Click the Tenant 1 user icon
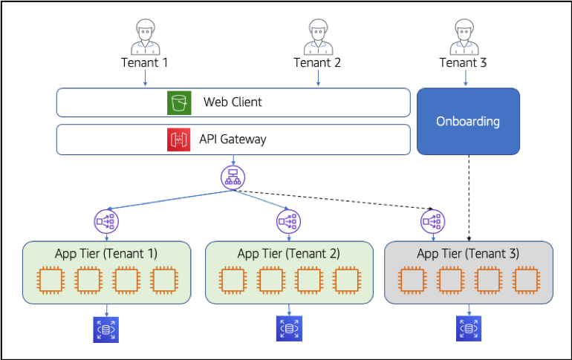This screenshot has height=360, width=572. click(146, 37)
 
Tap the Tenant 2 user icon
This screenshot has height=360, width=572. click(319, 37)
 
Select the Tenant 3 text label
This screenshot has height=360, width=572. click(463, 62)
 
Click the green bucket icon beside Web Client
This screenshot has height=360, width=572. click(179, 102)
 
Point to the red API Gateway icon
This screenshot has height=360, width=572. click(179, 140)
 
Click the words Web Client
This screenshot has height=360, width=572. click(233, 102)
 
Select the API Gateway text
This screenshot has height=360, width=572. click(233, 140)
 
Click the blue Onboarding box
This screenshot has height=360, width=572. click(469, 121)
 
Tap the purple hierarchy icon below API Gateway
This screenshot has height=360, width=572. click(233, 177)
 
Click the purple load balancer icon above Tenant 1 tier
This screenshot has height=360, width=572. click(106, 221)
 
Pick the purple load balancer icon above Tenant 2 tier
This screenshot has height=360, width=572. click(288, 221)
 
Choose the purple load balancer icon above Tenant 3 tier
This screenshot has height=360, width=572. click(432, 221)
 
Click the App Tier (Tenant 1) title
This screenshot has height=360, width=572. click(106, 254)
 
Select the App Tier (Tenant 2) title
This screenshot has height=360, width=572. click(288, 254)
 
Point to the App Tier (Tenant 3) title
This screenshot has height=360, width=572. click(468, 254)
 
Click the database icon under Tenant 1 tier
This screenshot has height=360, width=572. click(106, 330)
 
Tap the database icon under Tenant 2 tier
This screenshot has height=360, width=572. click(289, 328)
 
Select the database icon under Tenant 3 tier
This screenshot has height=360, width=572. click(469, 328)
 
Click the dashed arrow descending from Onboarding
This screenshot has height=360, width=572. click(469, 198)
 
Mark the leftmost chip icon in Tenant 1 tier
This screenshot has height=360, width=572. click(51, 280)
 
